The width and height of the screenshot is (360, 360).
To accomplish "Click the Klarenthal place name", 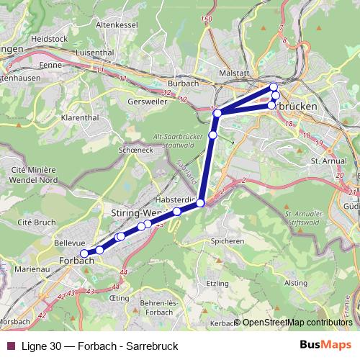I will click(80, 116).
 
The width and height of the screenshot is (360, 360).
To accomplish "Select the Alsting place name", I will click(295, 283).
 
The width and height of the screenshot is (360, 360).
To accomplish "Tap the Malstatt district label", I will click(234, 73).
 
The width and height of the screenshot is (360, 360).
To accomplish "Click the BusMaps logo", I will click(326, 345).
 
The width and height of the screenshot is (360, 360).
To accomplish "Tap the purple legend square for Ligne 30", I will click(10, 346).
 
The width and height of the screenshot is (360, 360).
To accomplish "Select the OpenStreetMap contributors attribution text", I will click(297, 323).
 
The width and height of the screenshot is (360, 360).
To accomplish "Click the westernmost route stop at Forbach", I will click(84, 253).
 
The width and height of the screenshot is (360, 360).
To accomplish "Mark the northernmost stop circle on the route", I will click(274, 87).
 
